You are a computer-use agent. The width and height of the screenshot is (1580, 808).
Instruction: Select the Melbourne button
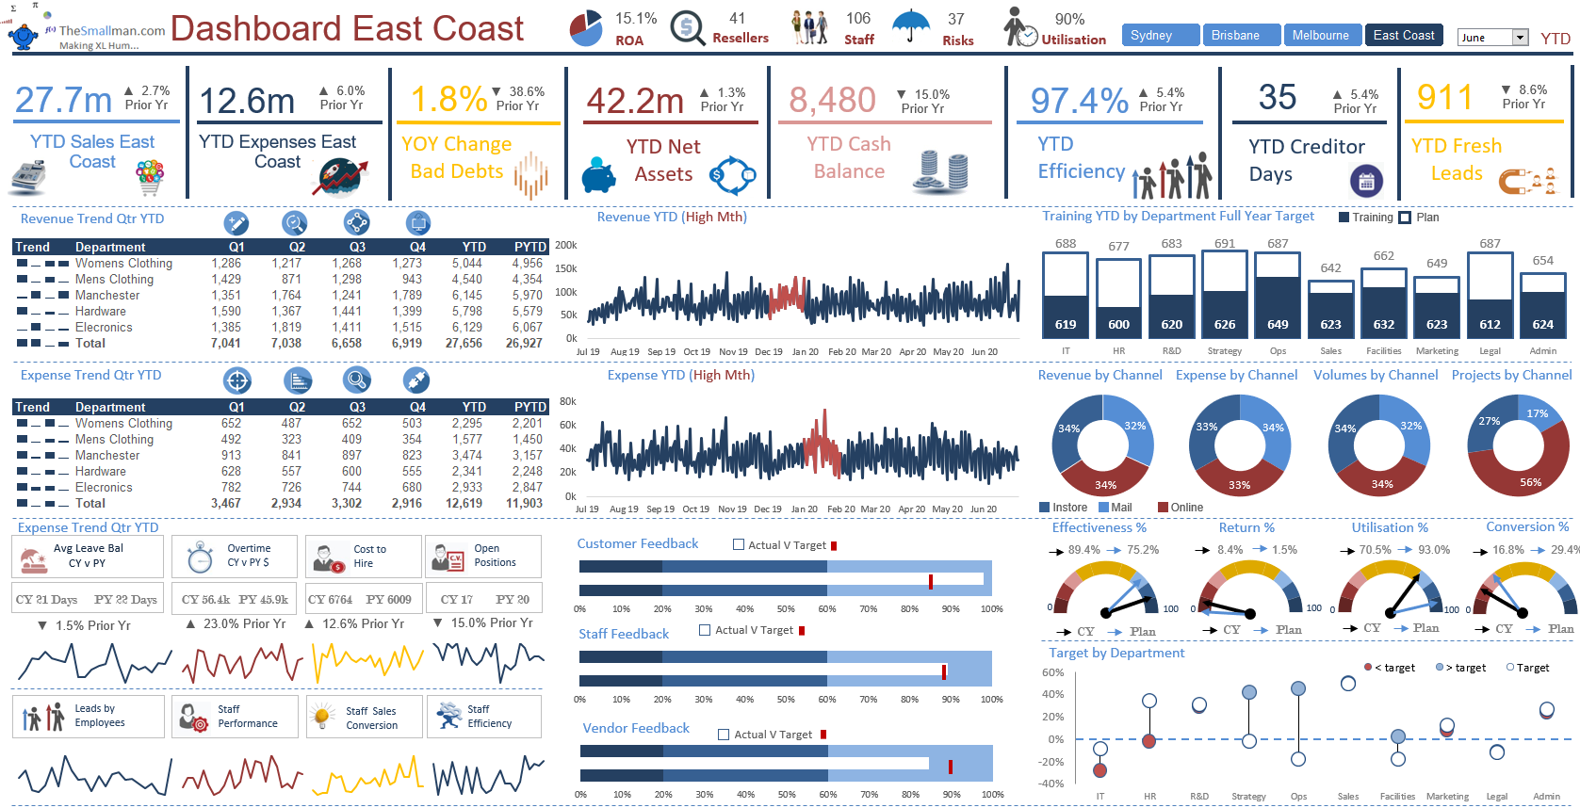1320,36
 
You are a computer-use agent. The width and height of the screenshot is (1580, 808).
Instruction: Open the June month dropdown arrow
1520,38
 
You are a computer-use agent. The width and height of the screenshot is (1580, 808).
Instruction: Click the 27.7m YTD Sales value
63,100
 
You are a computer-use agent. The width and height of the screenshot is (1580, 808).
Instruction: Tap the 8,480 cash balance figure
832,100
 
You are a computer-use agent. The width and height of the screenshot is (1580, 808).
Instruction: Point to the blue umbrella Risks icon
910,26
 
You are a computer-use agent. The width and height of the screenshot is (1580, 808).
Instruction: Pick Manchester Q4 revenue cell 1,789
407,296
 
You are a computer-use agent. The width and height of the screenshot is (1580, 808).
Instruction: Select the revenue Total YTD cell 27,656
466,344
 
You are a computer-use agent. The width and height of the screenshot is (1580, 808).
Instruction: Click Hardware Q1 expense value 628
231,472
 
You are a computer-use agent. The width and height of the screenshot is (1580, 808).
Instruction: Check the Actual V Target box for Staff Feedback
705,630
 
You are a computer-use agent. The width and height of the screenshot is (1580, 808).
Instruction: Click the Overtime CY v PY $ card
235,556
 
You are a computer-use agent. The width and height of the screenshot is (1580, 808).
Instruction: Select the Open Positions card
483,556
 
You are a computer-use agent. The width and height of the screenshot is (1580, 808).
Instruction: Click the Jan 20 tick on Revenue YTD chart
805,352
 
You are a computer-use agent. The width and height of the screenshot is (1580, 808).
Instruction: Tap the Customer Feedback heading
638,543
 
